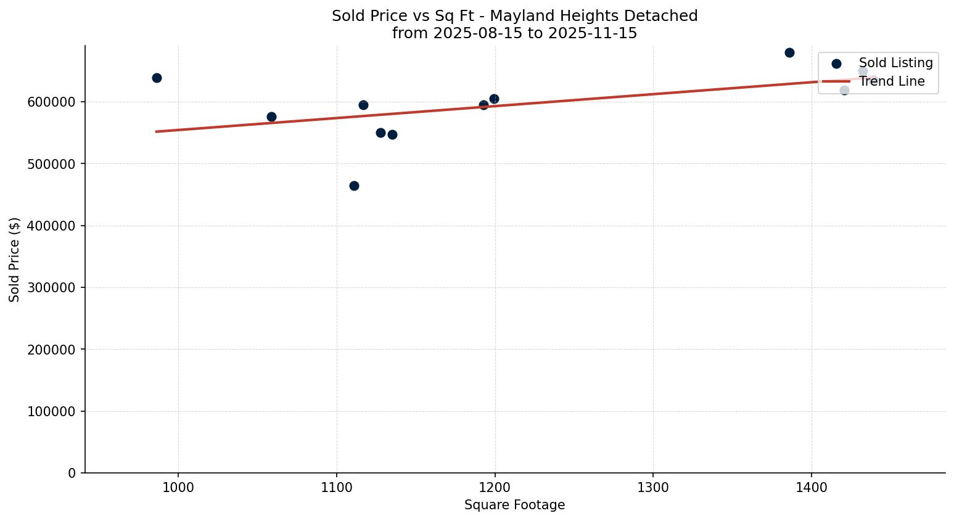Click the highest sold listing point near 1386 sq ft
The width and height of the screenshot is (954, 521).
pos(789,52)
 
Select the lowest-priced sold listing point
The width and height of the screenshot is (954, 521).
pos(354,186)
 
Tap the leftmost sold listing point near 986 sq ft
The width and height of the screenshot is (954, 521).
pos(157,78)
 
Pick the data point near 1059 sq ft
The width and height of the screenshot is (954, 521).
pos(271,117)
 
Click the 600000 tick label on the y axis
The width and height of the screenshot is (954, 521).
pos(51,102)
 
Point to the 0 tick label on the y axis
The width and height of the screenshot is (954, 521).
pos(72,474)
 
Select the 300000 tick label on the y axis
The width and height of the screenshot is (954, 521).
pos(51,288)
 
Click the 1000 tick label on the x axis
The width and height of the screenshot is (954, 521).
pos(178,488)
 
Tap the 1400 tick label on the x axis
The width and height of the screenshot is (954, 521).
pos(811,488)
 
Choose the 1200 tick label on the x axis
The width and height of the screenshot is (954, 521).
pos(495,488)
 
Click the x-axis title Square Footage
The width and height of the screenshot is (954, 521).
pos(514,506)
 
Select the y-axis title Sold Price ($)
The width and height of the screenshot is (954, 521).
pos(15,260)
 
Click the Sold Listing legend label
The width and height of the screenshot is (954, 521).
pos(895,63)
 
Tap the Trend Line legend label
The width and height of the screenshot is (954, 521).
pos(892,81)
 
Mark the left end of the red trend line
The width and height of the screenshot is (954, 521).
pos(156,131)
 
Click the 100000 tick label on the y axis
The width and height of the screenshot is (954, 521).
pos(51,411)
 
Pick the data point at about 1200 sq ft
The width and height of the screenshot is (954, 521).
pos(494,99)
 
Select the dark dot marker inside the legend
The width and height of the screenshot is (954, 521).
pos(836,64)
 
